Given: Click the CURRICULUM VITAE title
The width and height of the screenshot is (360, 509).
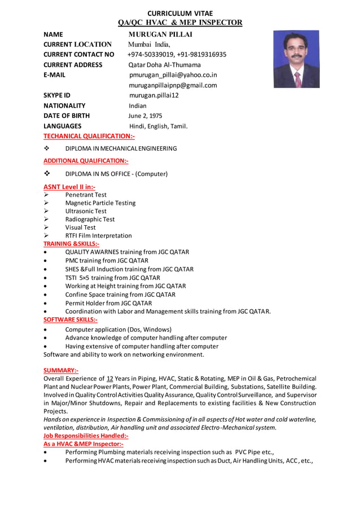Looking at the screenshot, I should tap(180, 14).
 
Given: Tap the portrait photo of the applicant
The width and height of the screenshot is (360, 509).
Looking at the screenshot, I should tap(296, 59).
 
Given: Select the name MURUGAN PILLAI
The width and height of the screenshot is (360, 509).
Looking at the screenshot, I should tap(161, 34).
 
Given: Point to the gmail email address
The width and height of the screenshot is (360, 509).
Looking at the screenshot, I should tap(173, 85).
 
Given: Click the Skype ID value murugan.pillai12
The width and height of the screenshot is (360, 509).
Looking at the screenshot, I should tap(153, 95).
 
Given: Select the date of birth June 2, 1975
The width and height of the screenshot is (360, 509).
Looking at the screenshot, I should tap(146, 116).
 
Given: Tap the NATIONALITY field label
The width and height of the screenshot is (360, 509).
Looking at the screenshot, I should tap(64, 106).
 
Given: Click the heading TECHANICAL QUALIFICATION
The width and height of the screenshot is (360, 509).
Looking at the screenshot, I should tap(89, 136).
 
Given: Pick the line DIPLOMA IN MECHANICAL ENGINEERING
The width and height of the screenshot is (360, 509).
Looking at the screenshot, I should tap(121, 148).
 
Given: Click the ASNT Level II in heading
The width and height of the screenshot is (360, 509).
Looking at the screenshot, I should tap(69, 186).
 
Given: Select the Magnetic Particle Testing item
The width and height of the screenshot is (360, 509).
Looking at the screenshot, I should tap(100, 203).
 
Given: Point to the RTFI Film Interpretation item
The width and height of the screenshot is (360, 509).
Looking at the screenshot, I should tap(98, 235).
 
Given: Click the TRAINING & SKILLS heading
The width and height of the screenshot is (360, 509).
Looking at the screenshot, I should tap(72, 244).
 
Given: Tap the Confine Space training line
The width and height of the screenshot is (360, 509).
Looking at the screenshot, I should tap(120, 294).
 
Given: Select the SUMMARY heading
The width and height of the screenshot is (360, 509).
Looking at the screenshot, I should tap(61, 370).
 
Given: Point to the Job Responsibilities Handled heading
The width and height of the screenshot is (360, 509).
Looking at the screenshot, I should tap(86, 436).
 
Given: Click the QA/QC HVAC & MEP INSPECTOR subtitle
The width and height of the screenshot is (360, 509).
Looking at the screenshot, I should tap(180, 23).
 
